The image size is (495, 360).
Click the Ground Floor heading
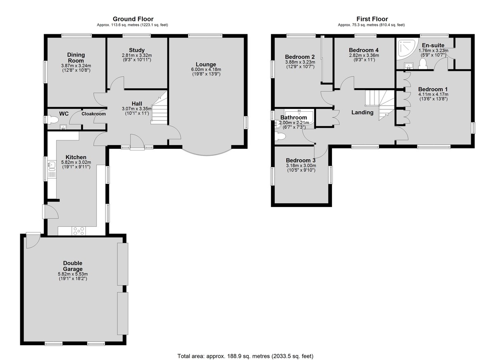(x=133, y=19)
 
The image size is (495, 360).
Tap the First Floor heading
(x=372, y=19)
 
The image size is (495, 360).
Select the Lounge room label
(x=206, y=64)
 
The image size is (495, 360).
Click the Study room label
(x=137, y=50)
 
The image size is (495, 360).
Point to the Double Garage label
(x=73, y=266)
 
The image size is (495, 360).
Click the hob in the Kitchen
(x=79, y=231)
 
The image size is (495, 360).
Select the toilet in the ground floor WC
(x=52, y=120)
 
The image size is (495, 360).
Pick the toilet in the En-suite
(x=423, y=64)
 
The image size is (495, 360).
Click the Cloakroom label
(x=94, y=114)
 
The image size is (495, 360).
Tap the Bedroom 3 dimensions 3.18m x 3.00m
(x=301, y=165)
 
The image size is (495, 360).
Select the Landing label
(x=363, y=113)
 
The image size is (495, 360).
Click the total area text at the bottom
(x=245, y=350)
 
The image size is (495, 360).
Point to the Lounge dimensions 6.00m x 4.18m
(x=206, y=69)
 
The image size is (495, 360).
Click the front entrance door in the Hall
(x=137, y=142)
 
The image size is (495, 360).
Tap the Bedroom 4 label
(x=364, y=50)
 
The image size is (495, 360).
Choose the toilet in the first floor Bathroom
(x=280, y=136)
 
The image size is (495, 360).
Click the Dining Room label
(x=76, y=58)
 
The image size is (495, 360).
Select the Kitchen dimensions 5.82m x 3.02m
(x=76, y=162)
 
